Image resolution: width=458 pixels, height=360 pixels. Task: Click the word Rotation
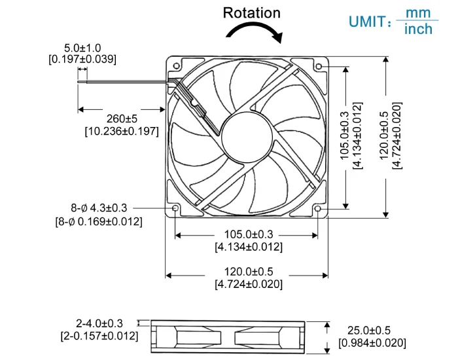pyautogui.click(x=251, y=12)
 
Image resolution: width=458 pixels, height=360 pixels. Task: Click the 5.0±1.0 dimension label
pyautogui.click(x=82, y=48)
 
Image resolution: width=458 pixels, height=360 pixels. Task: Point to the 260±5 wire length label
pyautogui.click(x=122, y=118)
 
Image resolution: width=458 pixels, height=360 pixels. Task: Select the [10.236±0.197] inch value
pyautogui.click(x=122, y=131)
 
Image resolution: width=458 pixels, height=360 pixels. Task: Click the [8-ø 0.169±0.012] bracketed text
pyautogui.click(x=99, y=221)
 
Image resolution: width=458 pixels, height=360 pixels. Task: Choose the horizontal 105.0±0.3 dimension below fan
pyautogui.click(x=249, y=234)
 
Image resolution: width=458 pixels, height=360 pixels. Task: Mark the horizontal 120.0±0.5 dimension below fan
pyautogui.click(x=249, y=271)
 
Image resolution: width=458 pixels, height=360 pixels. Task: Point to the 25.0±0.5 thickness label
pyautogui.click(x=368, y=330)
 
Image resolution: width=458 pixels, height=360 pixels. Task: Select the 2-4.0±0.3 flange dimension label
pyautogui.click(x=99, y=323)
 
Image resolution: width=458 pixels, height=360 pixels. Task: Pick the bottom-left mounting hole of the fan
pyautogui.click(x=175, y=209)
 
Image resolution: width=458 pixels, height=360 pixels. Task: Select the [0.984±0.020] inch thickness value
pyautogui.click(x=372, y=343)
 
